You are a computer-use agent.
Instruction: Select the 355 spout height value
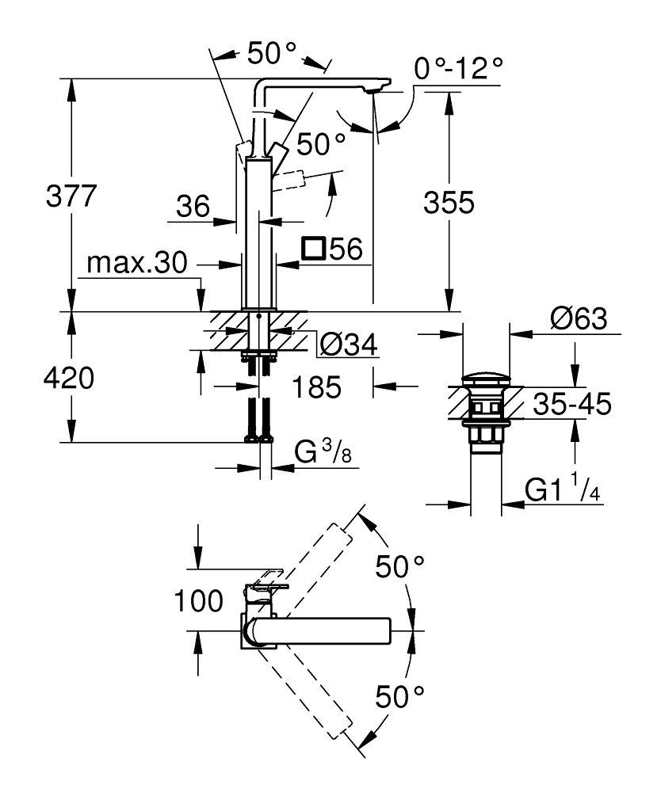pyautogui.click(x=448, y=204)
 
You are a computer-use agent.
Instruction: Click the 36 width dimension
pyautogui.click(x=192, y=208)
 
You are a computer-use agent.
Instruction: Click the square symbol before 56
pyautogui.click(x=315, y=249)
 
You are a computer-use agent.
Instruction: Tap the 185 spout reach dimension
pyautogui.click(x=317, y=387)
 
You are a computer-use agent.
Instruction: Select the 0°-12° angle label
pyautogui.click(x=459, y=68)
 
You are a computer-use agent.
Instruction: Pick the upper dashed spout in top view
pyautogui.click(x=310, y=565)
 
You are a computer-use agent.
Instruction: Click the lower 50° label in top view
pyautogui.click(x=400, y=697)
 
